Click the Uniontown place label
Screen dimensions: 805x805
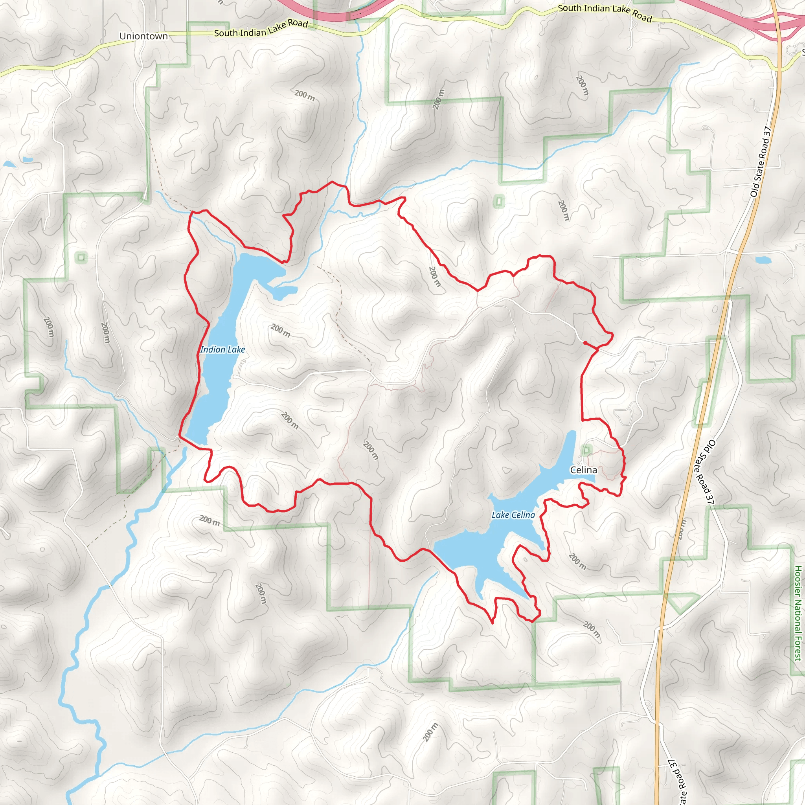(x=143, y=36)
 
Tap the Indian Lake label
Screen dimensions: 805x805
(x=222, y=349)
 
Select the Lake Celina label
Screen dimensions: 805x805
(x=513, y=515)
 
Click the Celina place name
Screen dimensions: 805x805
(x=583, y=470)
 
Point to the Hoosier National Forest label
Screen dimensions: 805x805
(x=798, y=612)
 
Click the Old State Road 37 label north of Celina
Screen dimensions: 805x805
(x=761, y=162)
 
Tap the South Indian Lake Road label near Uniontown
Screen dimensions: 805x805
(x=261, y=28)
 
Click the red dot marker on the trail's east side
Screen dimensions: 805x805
(x=585, y=342)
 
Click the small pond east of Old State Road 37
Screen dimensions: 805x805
(x=763, y=260)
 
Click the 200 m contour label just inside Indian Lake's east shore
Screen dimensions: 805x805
(x=280, y=331)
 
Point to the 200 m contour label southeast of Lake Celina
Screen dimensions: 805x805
(x=577, y=561)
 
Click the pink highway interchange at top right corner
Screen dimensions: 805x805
(x=779, y=23)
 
